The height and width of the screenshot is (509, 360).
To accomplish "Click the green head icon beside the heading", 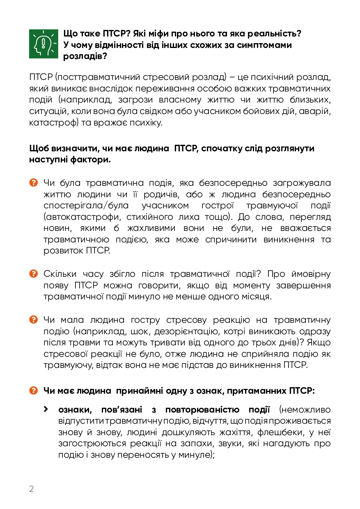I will tap(44, 44).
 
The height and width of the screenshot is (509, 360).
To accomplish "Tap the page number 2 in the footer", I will tap(32, 488).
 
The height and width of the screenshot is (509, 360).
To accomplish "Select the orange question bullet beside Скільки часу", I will tap(34, 274).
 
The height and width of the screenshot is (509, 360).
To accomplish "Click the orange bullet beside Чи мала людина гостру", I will tap(34, 320).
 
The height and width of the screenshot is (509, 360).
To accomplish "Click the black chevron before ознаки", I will tap(47, 409).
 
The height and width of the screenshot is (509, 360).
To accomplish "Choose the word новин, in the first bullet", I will tap(56, 228).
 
